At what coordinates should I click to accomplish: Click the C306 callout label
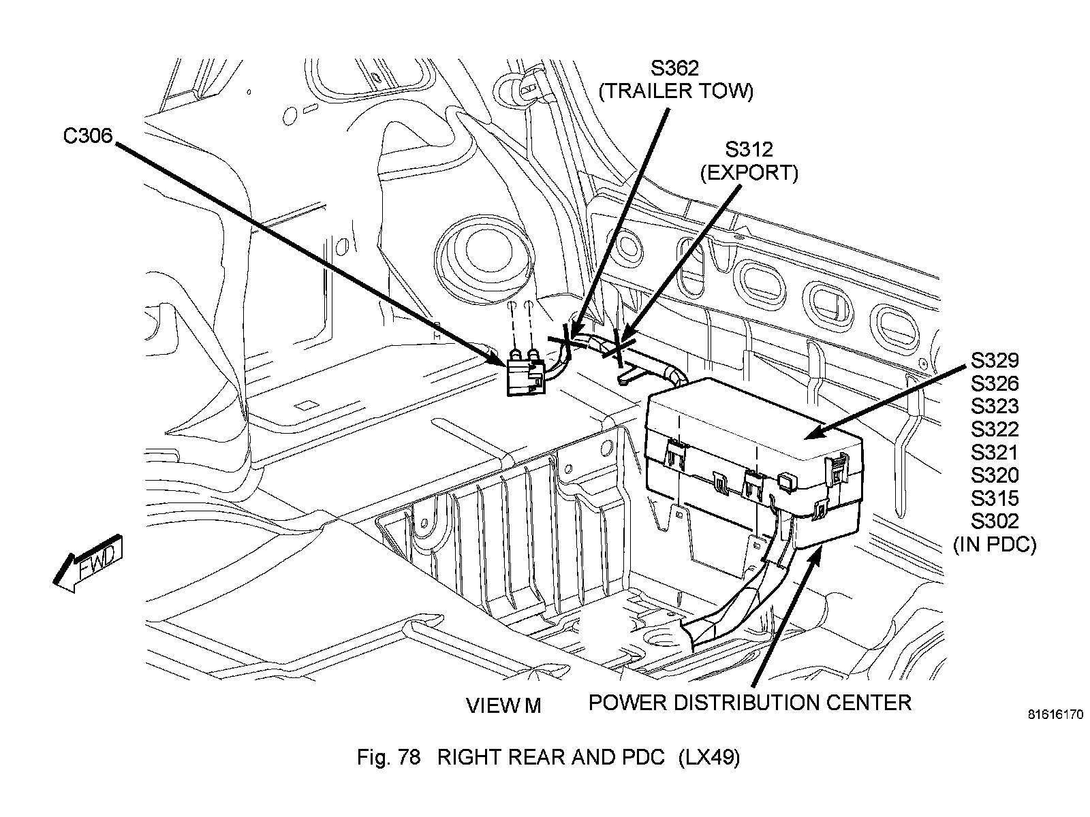pyautogui.click(x=88, y=135)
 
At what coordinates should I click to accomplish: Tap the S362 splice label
pyautogui.click(x=675, y=68)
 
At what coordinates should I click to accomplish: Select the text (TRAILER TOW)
pyautogui.click(x=676, y=91)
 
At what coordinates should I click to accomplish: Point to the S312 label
pyautogui.click(x=749, y=149)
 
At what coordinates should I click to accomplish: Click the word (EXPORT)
pyautogui.click(x=749, y=173)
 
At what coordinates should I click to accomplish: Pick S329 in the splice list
pyautogui.click(x=995, y=361)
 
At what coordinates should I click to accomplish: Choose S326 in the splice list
pyautogui.click(x=995, y=383)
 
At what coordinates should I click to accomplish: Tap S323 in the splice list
pyautogui.click(x=995, y=406)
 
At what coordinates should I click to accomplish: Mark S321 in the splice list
pyautogui.click(x=995, y=452)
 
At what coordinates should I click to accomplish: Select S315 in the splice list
pyautogui.click(x=995, y=498)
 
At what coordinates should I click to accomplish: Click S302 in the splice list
pyautogui.click(x=995, y=521)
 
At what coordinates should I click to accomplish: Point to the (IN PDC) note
pyautogui.click(x=995, y=545)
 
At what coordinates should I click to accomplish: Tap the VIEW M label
pyautogui.click(x=503, y=705)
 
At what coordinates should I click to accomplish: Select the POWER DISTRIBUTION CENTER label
pyautogui.click(x=750, y=703)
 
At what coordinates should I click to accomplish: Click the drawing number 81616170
pyautogui.click(x=1055, y=715)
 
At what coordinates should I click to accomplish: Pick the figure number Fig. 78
pyautogui.click(x=389, y=758)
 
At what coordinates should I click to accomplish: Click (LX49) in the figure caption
pyautogui.click(x=709, y=758)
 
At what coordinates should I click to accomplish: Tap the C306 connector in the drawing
pyautogui.click(x=525, y=377)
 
